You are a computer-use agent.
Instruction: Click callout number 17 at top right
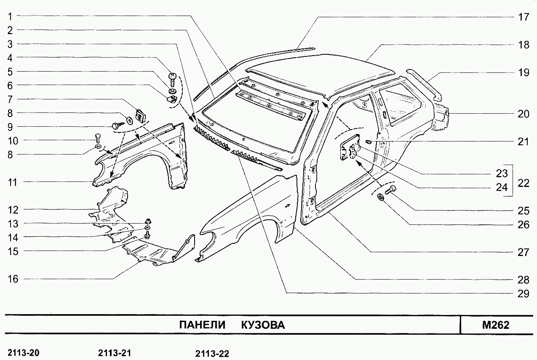(523, 17)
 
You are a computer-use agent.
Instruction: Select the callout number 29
(523, 293)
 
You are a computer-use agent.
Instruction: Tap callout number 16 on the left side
(13, 279)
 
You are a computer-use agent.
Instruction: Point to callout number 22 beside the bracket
(524, 184)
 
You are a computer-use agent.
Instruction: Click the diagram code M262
(496, 325)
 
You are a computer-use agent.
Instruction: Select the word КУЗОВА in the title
(263, 325)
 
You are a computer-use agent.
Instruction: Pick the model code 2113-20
(24, 353)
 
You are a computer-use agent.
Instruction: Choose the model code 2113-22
(212, 354)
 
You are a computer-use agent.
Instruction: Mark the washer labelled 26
(381, 197)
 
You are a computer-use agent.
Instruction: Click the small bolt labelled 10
(98, 137)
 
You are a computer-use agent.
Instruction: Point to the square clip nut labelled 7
(140, 115)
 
